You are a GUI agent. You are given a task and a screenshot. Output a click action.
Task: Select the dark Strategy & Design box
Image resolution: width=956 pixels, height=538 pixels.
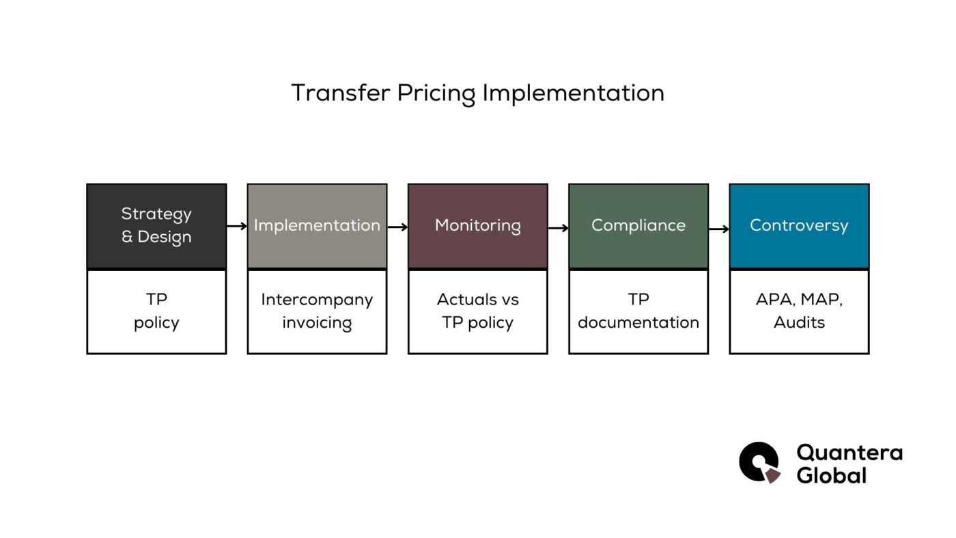coord(156,226)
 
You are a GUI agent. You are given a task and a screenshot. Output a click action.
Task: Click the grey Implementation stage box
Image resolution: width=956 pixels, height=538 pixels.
coord(317,226)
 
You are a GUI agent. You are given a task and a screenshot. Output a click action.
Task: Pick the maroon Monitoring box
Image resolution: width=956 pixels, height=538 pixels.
coord(478,226)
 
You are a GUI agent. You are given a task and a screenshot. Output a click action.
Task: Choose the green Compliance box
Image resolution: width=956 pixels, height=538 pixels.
coord(638,226)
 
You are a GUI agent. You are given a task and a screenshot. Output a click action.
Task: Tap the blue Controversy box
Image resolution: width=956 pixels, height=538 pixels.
coord(799,226)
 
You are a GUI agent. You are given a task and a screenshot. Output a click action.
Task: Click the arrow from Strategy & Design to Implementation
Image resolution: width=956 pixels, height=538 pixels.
coord(237,226)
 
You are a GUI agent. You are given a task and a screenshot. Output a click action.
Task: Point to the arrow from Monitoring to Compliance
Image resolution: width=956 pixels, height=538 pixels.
coord(558,227)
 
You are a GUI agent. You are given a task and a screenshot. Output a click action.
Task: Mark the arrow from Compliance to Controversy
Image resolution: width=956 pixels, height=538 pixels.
coord(719,229)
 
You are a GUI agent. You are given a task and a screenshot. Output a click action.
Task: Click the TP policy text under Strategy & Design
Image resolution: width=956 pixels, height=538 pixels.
coord(156,311)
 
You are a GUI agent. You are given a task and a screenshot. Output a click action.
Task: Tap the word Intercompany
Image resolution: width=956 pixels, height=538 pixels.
coord(317,300)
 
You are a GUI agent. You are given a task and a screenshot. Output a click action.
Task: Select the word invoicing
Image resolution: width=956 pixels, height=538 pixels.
coord(317,323)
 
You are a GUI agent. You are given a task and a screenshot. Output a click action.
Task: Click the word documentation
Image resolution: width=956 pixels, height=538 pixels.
coord(638,323)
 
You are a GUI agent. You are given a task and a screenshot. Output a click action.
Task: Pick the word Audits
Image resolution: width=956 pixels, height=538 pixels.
coord(799,323)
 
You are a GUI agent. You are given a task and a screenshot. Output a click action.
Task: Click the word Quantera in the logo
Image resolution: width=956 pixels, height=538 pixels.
coord(849,452)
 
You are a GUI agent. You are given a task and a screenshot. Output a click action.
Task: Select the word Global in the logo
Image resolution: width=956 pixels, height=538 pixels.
coord(831,475)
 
